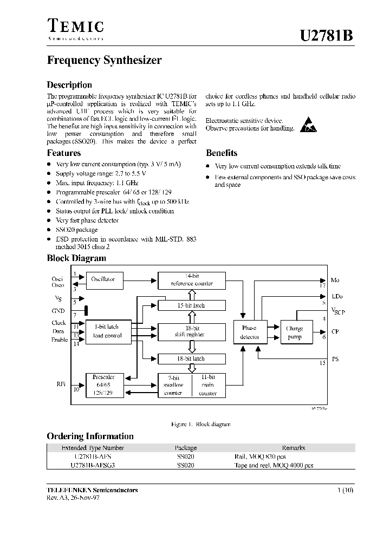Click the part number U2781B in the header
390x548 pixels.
(327, 36)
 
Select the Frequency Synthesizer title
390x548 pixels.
(104, 61)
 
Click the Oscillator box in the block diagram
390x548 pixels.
(103, 279)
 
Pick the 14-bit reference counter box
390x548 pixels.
(192, 280)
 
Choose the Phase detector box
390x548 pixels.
(249, 332)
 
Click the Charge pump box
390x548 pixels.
(295, 332)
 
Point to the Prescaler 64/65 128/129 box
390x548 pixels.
(103, 385)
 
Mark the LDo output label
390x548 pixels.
(337, 297)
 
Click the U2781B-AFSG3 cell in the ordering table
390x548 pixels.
(93, 465)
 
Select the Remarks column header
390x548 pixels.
(294, 448)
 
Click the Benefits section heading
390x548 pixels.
(222, 153)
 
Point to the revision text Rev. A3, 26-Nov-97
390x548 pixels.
(73, 497)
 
